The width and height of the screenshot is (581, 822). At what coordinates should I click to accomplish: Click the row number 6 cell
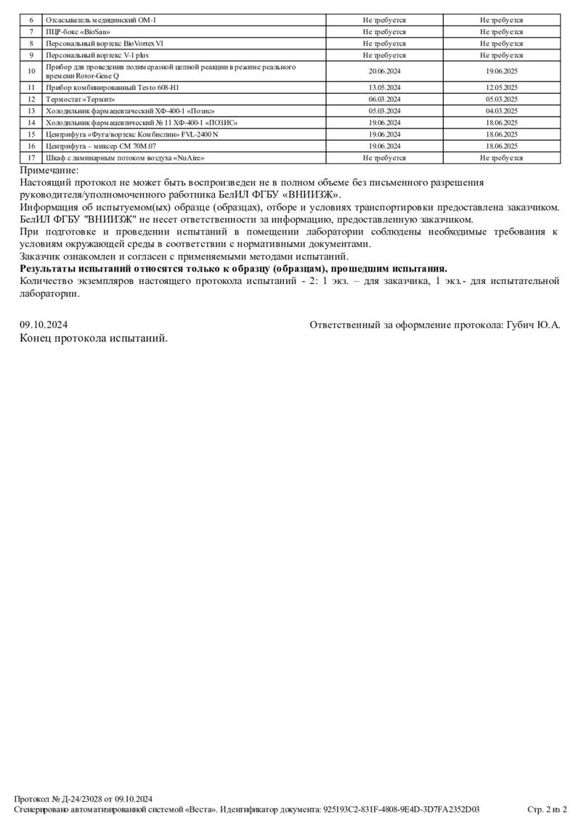[31, 20]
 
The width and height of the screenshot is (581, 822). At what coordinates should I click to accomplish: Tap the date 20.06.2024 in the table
[385, 71]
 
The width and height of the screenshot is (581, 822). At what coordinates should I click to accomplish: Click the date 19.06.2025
[501, 71]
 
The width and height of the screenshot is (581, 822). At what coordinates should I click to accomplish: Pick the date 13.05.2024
[385, 88]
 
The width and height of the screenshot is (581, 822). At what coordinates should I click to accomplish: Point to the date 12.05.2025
[501, 88]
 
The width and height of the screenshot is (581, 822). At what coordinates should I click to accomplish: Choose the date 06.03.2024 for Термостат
[385, 99]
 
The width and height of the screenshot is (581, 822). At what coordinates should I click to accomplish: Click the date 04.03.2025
[501, 111]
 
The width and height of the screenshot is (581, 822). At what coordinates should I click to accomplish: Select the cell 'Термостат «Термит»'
[80, 99]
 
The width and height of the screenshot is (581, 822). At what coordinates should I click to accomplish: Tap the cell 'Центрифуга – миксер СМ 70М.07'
[101, 146]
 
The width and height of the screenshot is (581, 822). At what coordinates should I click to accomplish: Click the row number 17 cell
[31, 158]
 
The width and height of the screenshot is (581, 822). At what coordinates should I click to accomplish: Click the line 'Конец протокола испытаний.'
[94, 338]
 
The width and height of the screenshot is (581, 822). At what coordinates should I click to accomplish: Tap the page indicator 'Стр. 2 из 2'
[547, 810]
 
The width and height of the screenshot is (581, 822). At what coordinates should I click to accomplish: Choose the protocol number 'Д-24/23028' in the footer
[80, 799]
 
